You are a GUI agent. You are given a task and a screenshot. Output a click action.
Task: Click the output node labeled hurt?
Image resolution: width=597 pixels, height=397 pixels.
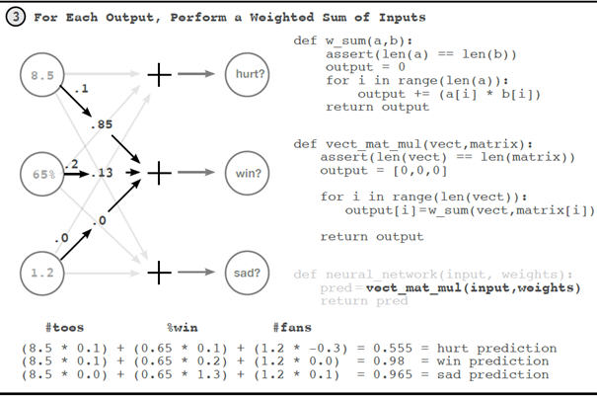245,75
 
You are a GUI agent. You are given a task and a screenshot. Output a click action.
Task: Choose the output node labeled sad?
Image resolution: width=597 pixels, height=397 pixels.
245,271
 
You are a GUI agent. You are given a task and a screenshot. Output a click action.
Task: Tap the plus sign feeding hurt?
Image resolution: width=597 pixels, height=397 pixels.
159,75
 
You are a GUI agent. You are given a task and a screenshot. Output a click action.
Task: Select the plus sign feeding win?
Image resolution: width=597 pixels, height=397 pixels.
159,173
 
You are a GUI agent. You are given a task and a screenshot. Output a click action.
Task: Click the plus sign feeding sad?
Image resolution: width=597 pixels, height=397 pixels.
159,271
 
